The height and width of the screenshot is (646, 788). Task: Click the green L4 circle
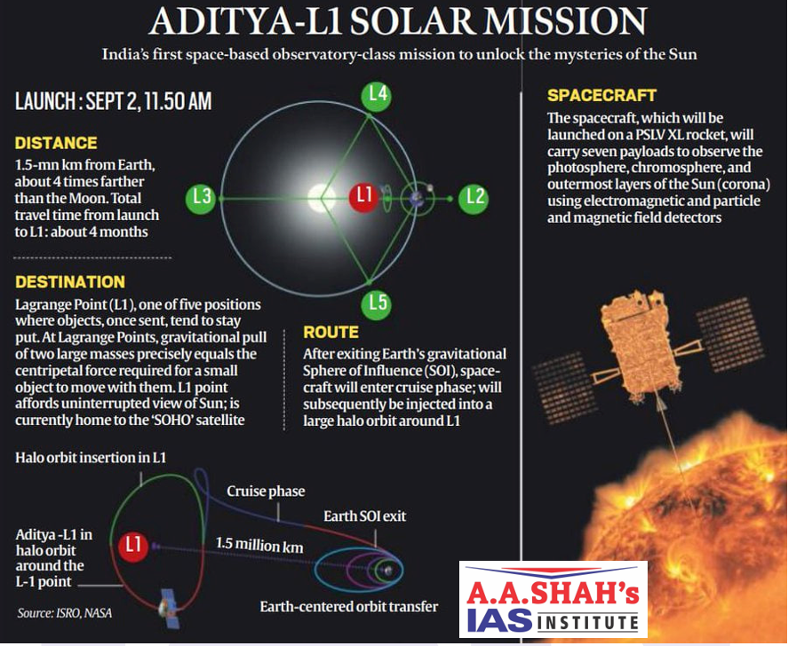tap(377, 94)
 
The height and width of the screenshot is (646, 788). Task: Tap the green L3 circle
tap(201, 198)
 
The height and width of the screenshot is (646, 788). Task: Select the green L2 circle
tap(474, 199)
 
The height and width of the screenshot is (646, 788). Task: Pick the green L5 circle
tap(377, 303)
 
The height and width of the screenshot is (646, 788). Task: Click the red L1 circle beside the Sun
tap(363, 196)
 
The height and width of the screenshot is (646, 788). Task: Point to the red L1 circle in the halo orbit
tap(133, 546)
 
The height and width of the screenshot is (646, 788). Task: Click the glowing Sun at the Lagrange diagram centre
tap(321, 198)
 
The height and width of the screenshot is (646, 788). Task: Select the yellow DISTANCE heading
tap(56, 143)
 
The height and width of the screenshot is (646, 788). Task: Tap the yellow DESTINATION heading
tap(70, 281)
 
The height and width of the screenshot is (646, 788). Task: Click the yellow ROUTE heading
tap(330, 332)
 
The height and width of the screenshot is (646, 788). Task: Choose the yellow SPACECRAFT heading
tap(601, 95)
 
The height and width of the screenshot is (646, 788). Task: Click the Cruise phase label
tap(266, 491)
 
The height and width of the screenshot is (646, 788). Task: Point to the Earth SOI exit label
tap(364, 516)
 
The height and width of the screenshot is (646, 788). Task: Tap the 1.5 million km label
tap(259, 545)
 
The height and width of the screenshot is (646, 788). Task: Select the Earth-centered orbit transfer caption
tap(349, 606)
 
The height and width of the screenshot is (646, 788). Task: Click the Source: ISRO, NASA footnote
tap(64, 613)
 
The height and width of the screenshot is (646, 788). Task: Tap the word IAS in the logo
tap(499, 620)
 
